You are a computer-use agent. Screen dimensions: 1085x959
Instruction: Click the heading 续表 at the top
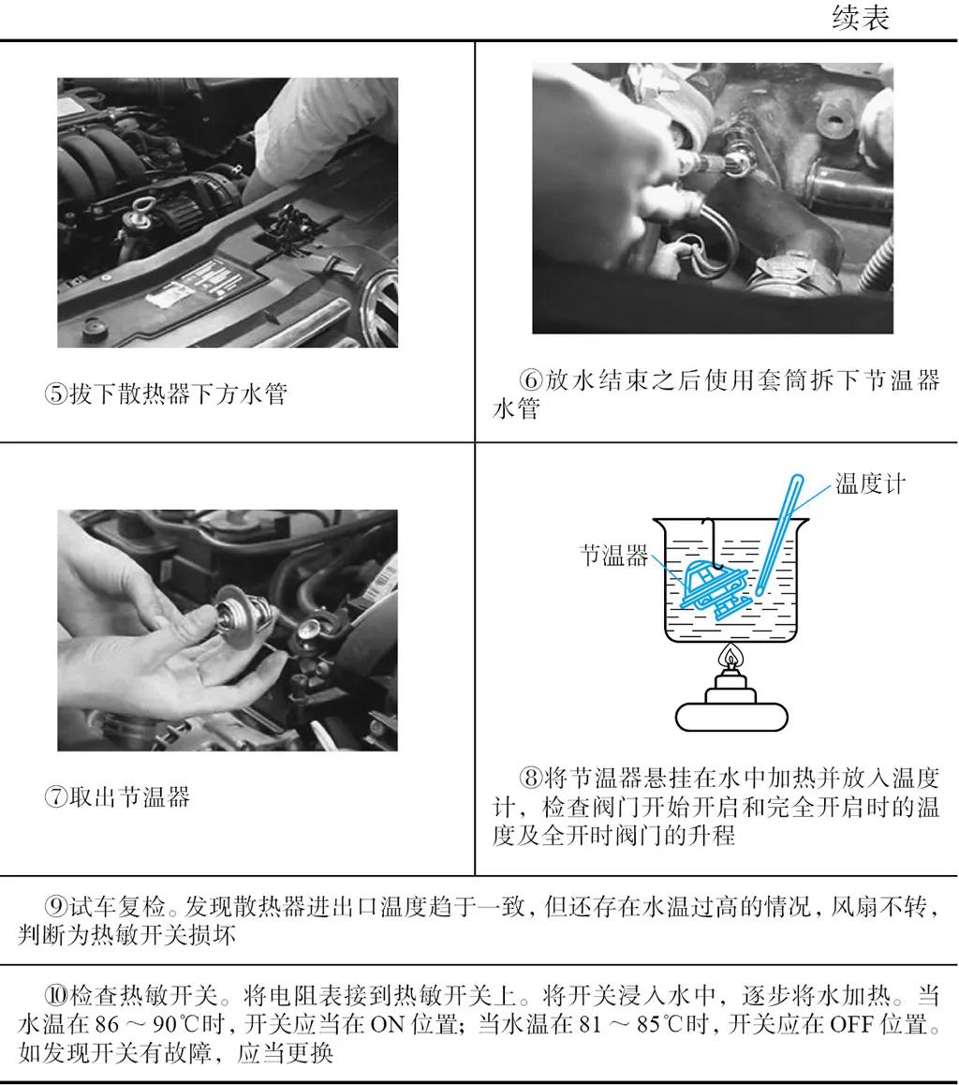860,19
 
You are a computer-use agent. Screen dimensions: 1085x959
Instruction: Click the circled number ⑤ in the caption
56,394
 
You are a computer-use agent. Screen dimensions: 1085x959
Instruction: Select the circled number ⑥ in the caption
531,381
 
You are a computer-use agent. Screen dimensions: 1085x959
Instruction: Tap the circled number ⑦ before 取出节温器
56,798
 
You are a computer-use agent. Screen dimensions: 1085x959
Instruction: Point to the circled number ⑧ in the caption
531,778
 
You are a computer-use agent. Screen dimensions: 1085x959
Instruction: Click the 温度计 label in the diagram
870,484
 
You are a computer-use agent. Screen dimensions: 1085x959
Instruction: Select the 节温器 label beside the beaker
613,556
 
